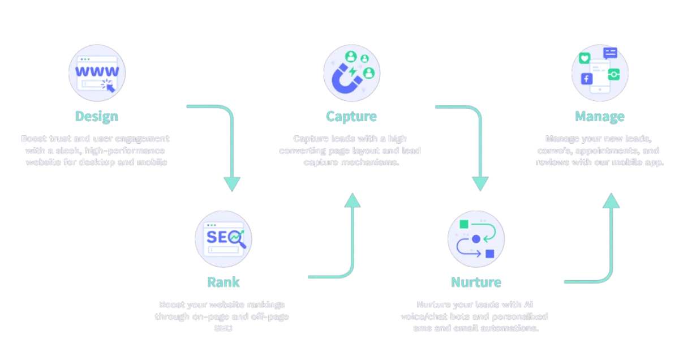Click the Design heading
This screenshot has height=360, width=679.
tap(96, 117)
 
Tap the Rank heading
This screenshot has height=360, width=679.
tap(223, 282)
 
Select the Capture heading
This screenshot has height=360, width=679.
tap(351, 117)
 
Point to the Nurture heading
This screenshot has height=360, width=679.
tap(476, 282)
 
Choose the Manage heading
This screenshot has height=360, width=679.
tap(600, 117)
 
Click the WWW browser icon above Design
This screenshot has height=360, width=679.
tap(97, 74)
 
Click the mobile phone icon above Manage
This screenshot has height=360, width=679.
tap(600, 74)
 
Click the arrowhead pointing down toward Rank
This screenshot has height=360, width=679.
tap(232, 183)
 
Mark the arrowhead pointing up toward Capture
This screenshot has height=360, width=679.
tap(352, 200)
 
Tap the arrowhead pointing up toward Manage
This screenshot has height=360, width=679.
tap(610, 200)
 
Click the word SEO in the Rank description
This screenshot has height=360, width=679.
tap(222, 328)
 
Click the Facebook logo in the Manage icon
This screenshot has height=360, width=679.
tap(587, 79)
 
